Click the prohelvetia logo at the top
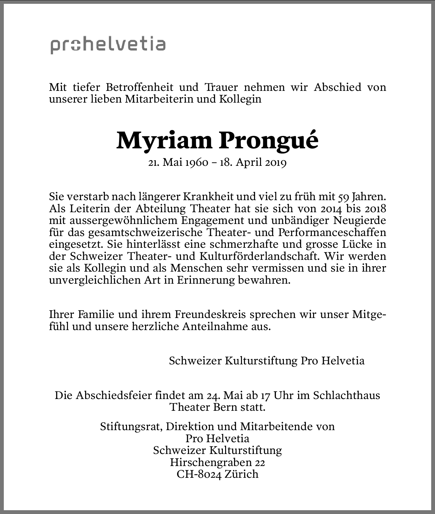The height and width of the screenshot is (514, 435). click(x=108, y=45)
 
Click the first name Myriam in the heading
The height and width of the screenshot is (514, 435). click(x=164, y=141)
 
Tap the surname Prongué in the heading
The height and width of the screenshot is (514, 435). click(x=268, y=141)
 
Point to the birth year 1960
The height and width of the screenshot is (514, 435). click(x=197, y=163)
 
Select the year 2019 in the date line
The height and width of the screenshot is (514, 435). click(x=275, y=163)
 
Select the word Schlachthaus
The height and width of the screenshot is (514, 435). click(x=346, y=396)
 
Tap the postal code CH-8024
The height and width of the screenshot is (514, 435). click(x=199, y=474)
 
